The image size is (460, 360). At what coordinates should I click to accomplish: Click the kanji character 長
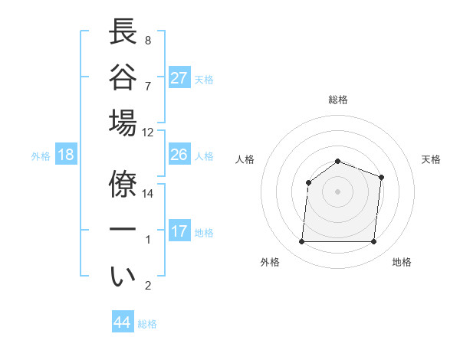coord(123,32)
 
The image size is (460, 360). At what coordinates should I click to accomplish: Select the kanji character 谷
coord(123,77)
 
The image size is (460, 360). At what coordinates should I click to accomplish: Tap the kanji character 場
coord(123,123)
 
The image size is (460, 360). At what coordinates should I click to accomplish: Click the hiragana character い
coord(123,277)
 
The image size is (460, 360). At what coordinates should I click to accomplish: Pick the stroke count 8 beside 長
coord(147,40)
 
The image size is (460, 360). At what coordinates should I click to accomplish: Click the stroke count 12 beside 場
coord(148,131)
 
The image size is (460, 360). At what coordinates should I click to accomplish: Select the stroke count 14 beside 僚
coord(148,193)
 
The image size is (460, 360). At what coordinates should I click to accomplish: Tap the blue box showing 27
coord(179,77)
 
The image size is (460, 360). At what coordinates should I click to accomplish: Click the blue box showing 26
coord(179,155)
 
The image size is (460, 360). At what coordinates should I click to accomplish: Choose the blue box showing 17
coord(179,231)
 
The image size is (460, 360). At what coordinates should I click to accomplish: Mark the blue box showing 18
coord(66,155)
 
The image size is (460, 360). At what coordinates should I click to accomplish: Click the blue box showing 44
coord(122,322)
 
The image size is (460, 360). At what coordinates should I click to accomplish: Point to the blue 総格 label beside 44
coord(147,324)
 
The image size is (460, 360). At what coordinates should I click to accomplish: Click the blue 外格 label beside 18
coord(41,156)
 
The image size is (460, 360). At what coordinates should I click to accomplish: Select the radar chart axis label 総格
coord(338,100)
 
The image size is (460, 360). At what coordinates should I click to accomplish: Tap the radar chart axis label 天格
coord(432,159)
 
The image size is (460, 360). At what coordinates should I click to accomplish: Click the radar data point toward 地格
coord(374,242)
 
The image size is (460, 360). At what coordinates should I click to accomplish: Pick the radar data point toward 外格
coord(301,242)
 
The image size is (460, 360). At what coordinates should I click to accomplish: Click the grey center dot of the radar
coord(337,191)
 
